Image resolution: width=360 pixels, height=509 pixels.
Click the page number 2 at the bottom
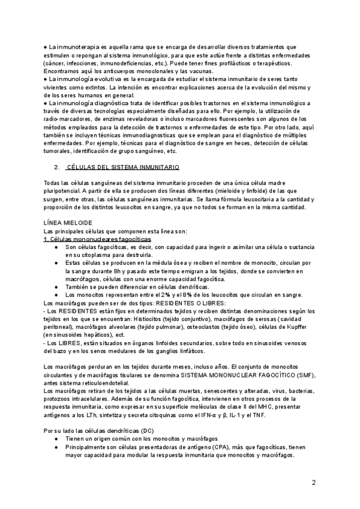(314, 483)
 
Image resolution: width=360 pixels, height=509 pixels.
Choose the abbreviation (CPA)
(220, 447)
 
